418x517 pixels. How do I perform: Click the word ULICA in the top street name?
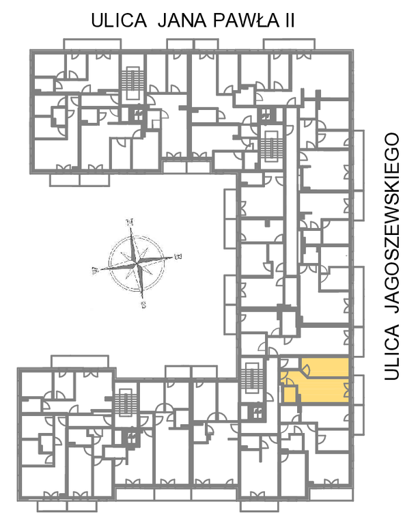coord(119,20)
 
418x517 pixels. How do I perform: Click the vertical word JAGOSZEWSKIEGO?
coord(392,223)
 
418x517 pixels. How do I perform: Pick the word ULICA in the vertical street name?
coord(392,352)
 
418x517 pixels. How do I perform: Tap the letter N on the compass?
coord(130,222)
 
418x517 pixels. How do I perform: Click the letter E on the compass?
coord(178,256)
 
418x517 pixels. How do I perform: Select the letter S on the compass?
coord(143,305)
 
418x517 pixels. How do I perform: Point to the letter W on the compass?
coord(95,271)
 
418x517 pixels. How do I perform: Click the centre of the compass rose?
coord(136,263)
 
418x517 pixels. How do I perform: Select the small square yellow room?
coord(290,393)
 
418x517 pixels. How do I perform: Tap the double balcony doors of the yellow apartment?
coord(346,390)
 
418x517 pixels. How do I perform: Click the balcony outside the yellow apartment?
coord(359,389)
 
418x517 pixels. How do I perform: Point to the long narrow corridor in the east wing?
coord(291,191)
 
